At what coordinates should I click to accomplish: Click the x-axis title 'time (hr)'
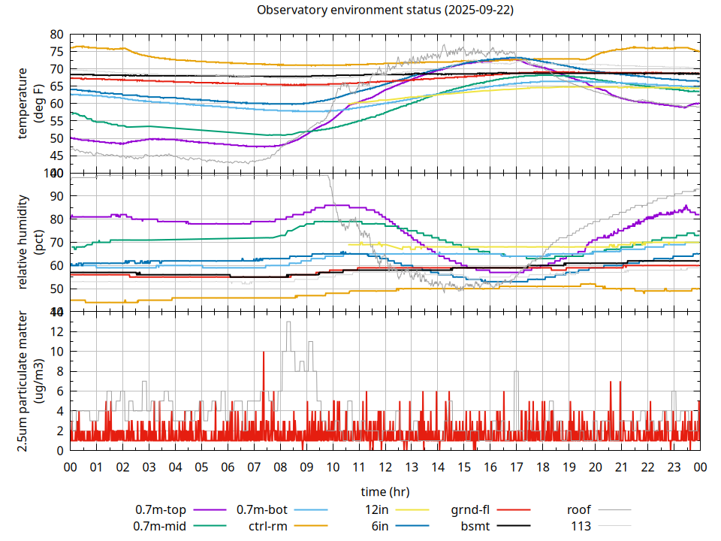[385, 492]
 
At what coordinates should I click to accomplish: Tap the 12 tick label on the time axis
[385, 467]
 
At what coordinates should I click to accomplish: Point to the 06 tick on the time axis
[228, 467]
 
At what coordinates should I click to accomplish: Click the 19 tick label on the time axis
[569, 467]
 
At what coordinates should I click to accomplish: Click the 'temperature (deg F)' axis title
[30, 104]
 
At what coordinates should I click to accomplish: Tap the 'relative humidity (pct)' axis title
[30, 242]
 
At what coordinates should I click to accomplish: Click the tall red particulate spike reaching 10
[264, 353]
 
